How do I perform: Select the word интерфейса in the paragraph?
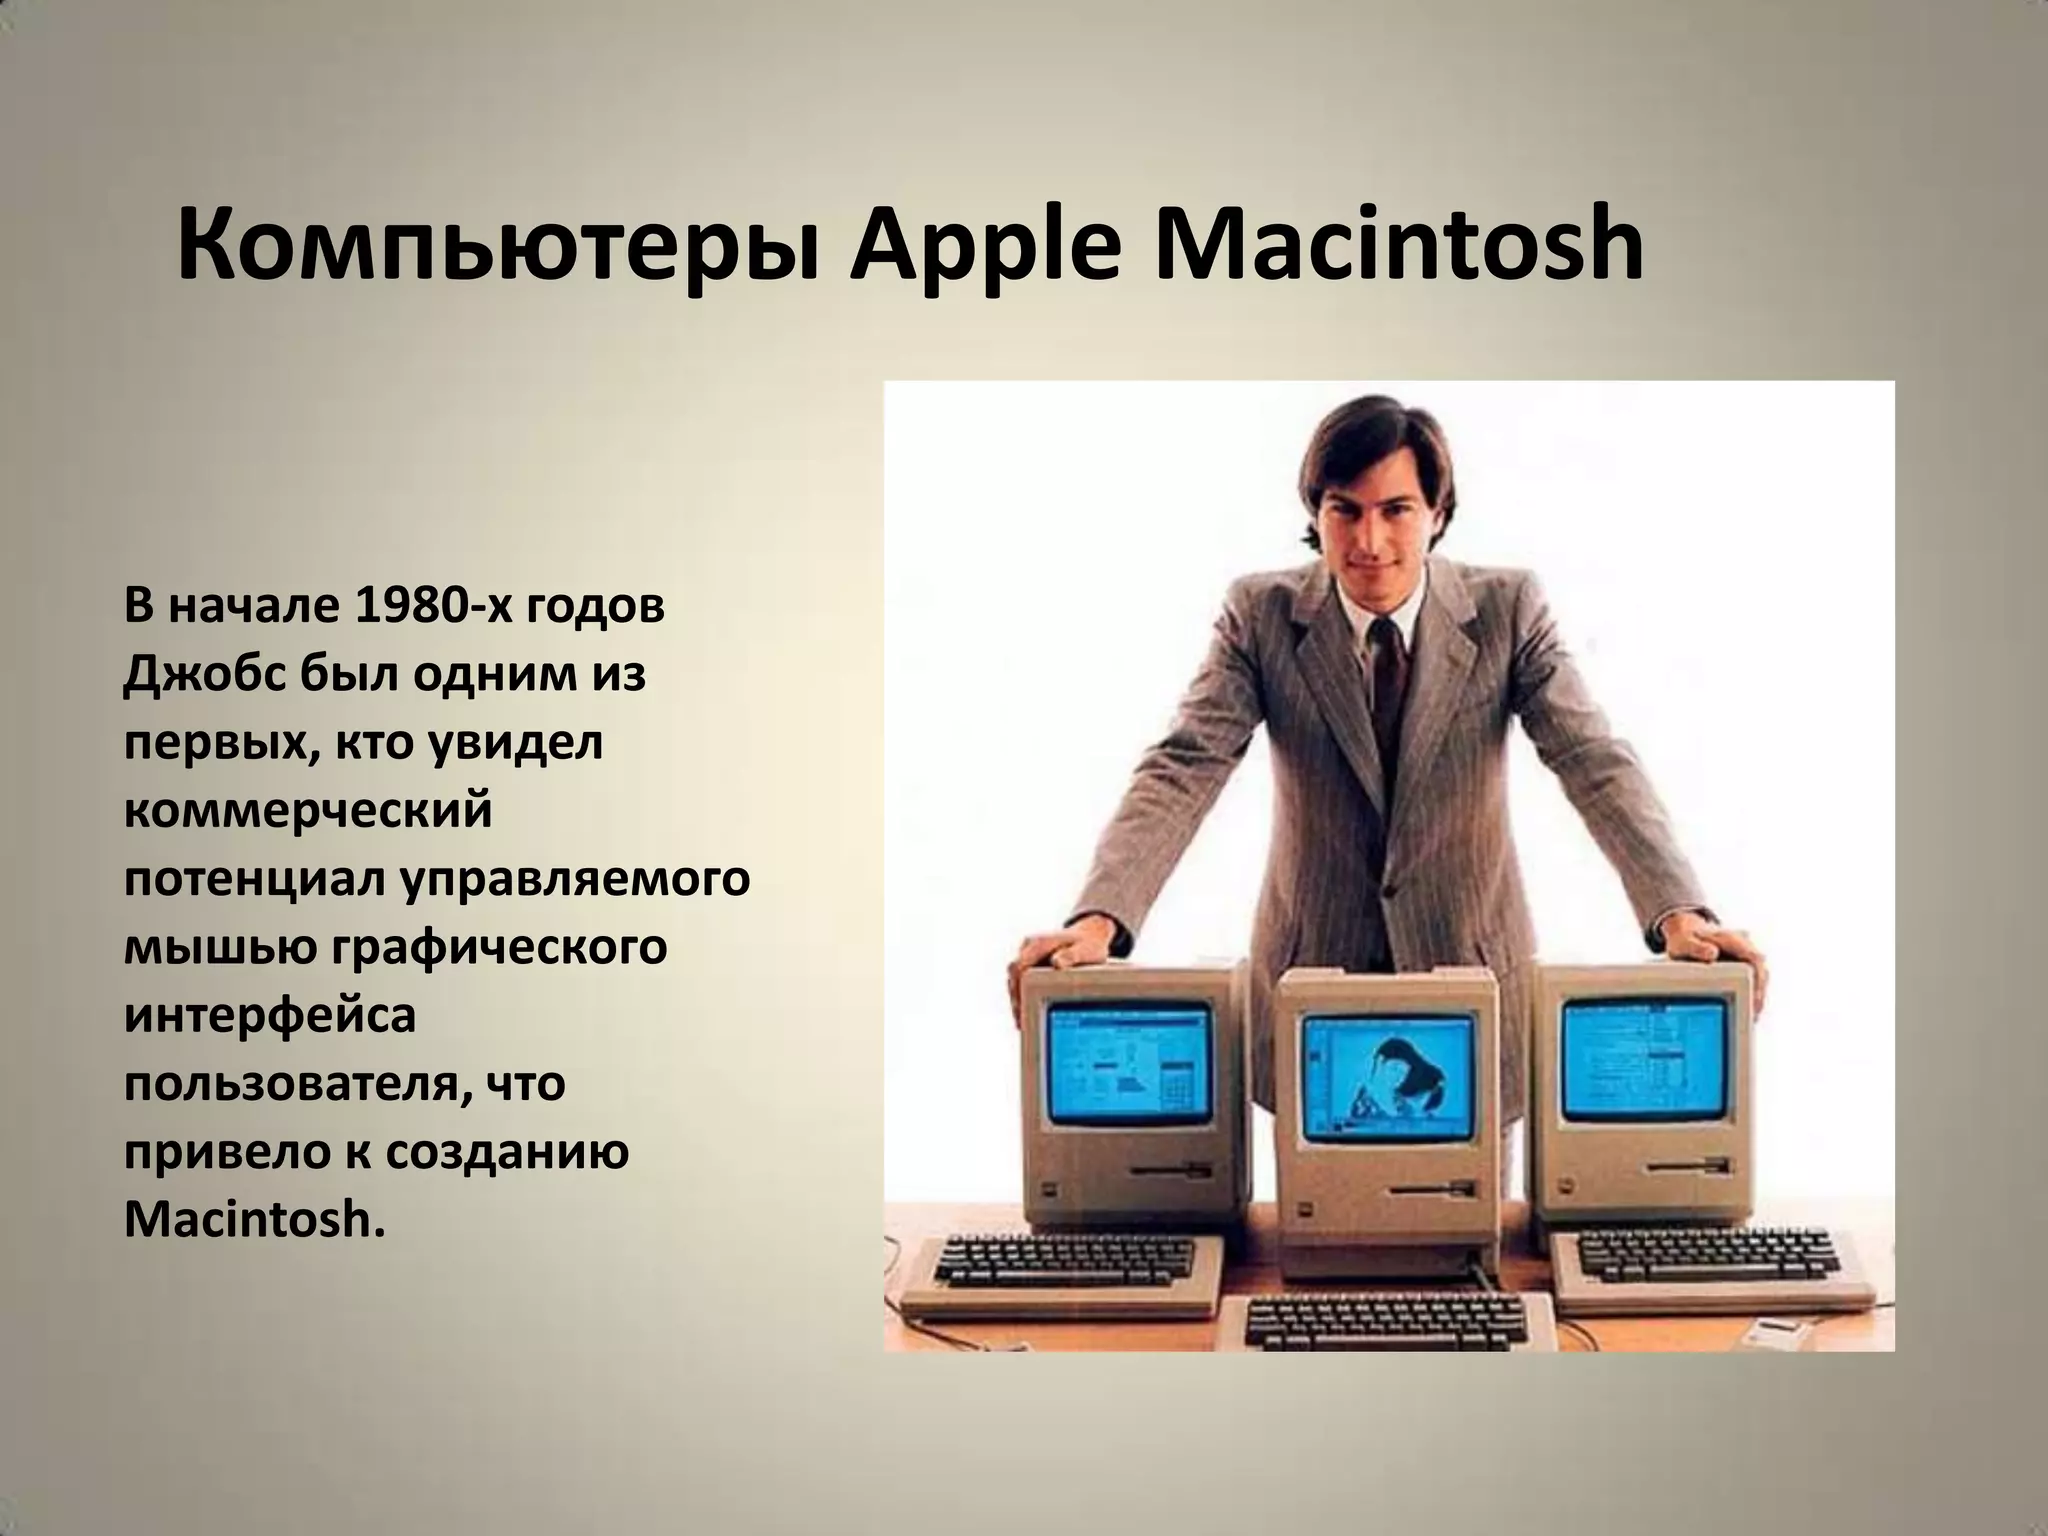click(270, 1016)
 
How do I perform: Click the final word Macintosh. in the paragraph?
click(254, 1221)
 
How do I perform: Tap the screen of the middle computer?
click(1387, 1079)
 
